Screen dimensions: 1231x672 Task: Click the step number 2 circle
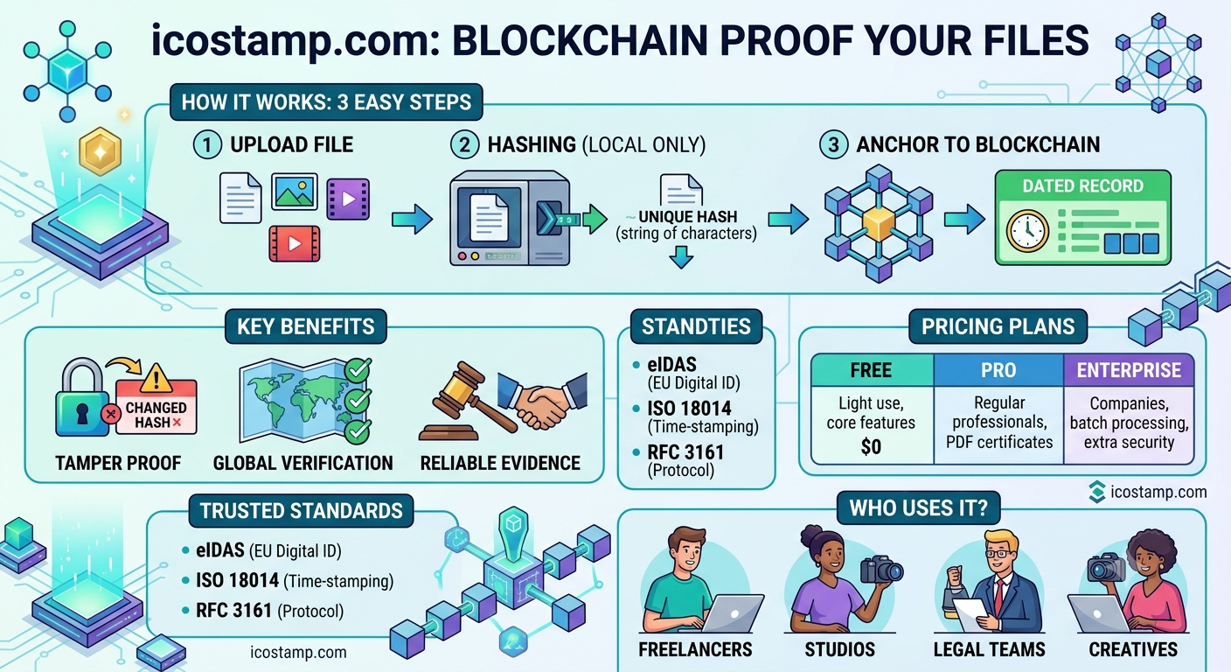pyautogui.click(x=464, y=144)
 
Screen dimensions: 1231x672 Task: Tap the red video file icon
pyautogui.click(x=295, y=243)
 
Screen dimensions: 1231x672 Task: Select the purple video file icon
pyautogui.click(x=348, y=199)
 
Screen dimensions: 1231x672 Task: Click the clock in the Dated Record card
pyautogui.click(x=1027, y=231)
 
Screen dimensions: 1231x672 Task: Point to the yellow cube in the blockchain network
pyautogui.click(x=879, y=225)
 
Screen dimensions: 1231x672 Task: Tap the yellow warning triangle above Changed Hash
pyautogui.click(x=156, y=378)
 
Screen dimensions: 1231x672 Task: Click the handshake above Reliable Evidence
pyautogui.click(x=542, y=400)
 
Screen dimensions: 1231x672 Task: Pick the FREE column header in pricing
pyautogui.click(x=872, y=370)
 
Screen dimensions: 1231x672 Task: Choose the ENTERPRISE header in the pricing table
pyautogui.click(x=1129, y=370)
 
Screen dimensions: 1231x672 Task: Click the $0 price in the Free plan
pyautogui.click(x=872, y=446)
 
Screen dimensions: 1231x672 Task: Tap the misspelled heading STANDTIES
pyautogui.click(x=696, y=326)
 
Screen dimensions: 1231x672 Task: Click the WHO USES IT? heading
pyautogui.click(x=918, y=508)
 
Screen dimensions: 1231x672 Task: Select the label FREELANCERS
pyautogui.click(x=695, y=649)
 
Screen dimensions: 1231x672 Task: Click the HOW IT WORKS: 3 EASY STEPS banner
pyautogui.click(x=326, y=102)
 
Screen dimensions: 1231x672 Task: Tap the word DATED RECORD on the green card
pyautogui.click(x=1082, y=185)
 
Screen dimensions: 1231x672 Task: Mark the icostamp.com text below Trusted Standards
pyautogui.click(x=298, y=652)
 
